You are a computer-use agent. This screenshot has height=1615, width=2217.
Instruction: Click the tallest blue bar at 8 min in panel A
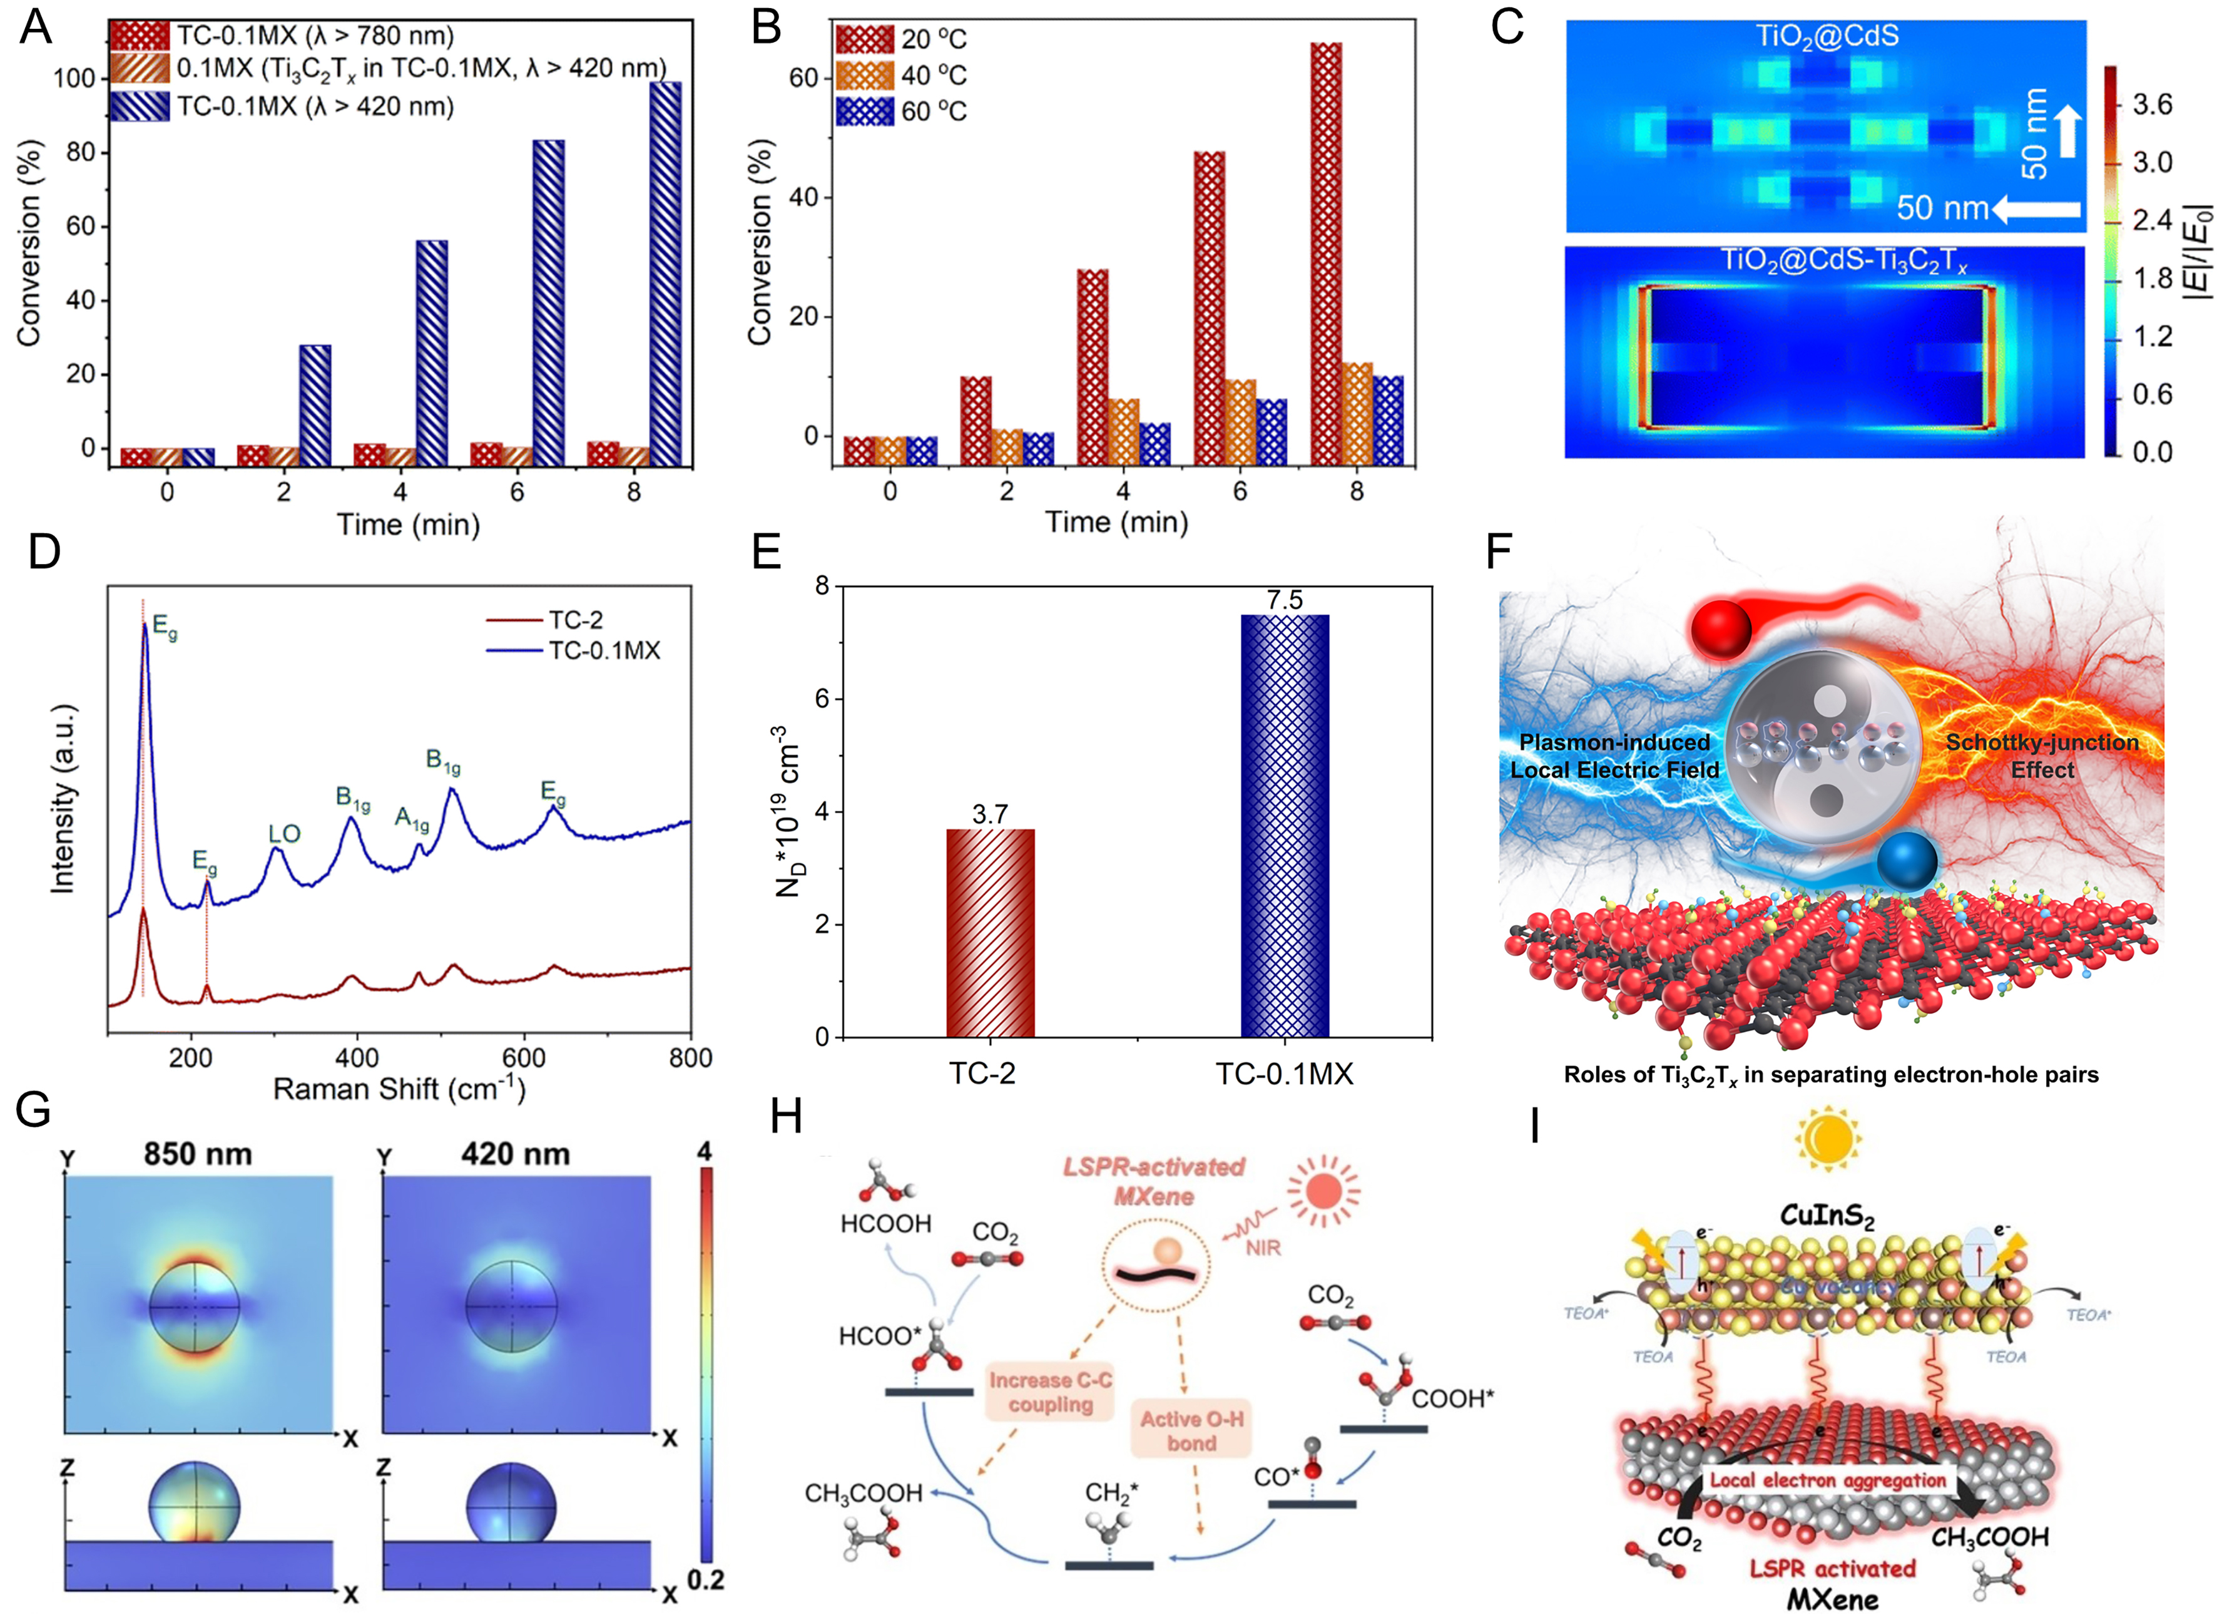click(x=666, y=274)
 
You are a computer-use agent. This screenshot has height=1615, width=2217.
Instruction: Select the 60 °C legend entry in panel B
click(x=899, y=111)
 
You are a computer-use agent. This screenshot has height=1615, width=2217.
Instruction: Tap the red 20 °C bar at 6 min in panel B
click(x=1210, y=308)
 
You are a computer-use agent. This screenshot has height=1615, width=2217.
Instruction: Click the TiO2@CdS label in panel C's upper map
click(x=1826, y=37)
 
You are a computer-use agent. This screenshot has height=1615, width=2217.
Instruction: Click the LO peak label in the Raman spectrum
click(x=285, y=834)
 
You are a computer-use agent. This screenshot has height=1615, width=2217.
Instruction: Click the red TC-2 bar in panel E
click(x=990, y=933)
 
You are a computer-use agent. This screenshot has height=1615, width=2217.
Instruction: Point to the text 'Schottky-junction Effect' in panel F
click(x=2041, y=756)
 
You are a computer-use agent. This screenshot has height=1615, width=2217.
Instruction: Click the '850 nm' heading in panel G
click(x=198, y=1154)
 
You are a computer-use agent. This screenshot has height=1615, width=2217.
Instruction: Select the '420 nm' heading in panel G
click(x=515, y=1154)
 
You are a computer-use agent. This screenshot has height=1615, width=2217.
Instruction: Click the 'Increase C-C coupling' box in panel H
click(x=1051, y=1392)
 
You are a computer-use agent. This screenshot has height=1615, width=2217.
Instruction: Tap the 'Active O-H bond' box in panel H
click(x=1191, y=1430)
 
